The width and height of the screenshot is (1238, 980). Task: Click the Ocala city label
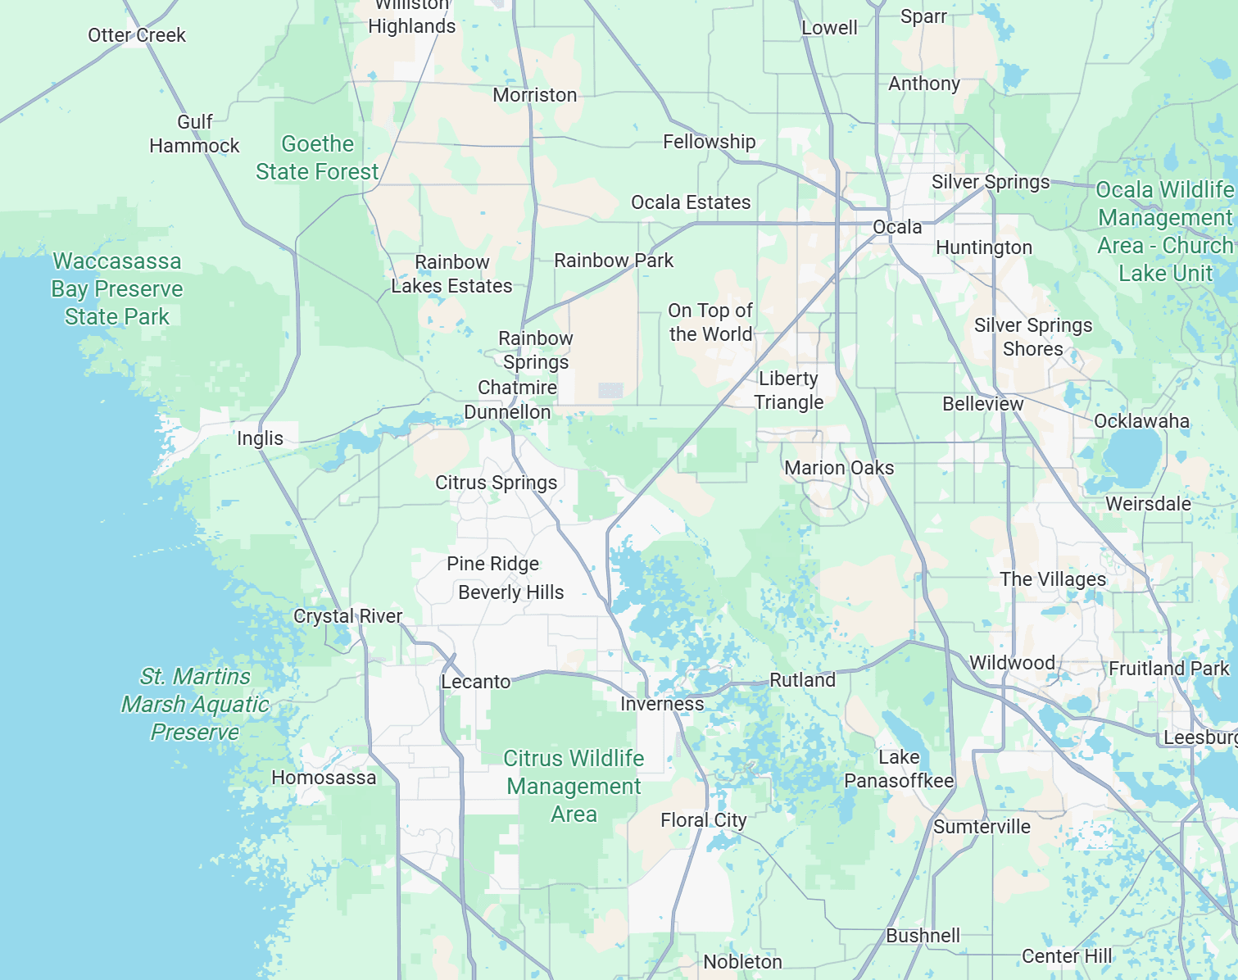coord(897,227)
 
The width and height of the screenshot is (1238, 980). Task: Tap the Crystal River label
coord(347,616)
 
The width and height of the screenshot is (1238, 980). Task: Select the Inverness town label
coord(662,704)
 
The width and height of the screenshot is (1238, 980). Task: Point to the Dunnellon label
coord(507,412)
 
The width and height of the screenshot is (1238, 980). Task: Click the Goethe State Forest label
coord(317,157)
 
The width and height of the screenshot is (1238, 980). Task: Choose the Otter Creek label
coord(137,35)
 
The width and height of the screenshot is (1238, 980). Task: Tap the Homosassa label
coord(324,778)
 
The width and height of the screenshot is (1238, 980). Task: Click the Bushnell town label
coord(923,936)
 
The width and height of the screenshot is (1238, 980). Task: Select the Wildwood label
coord(1012,663)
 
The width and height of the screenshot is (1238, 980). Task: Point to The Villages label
coord(1053,579)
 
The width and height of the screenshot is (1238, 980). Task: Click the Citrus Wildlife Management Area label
coord(574,786)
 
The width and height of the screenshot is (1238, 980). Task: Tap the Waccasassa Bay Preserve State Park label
coord(117,289)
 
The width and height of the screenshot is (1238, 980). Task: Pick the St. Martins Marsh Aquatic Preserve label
coord(195,704)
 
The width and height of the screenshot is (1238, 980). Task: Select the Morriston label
coord(535,95)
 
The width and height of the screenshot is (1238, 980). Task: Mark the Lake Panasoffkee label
coord(899,769)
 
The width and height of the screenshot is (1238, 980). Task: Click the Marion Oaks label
coord(839,468)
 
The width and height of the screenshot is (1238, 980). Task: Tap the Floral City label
coord(704,820)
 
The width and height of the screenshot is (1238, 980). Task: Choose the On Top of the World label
coord(710,322)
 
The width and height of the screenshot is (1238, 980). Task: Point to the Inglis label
coord(260,438)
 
